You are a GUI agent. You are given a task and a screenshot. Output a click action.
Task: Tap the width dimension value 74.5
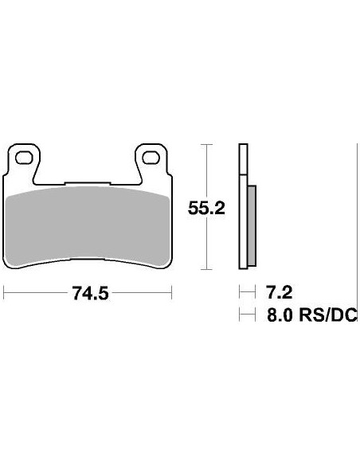pyautogui.click(x=89, y=293)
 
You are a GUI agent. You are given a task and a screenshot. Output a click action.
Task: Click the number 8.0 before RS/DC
pyautogui.click(x=280, y=316)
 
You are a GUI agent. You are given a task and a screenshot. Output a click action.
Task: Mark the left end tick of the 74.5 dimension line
pyautogui.click(x=5, y=293)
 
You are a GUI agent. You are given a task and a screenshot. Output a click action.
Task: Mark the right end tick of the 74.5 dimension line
pyautogui.click(x=172, y=293)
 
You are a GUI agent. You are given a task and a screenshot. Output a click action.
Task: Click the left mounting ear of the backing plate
pyautogui.click(x=23, y=159)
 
